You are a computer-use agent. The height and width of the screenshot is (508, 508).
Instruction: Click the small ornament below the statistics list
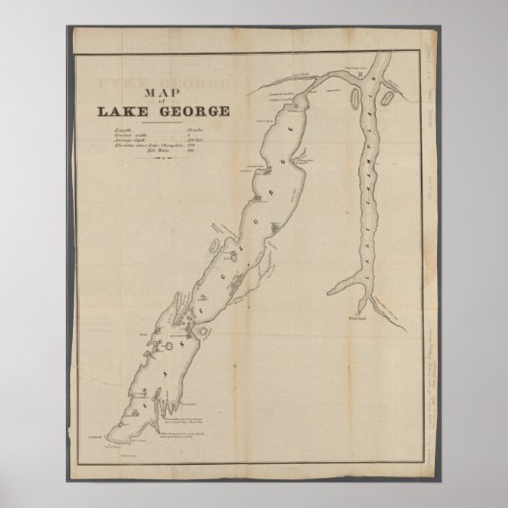(161, 166)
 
